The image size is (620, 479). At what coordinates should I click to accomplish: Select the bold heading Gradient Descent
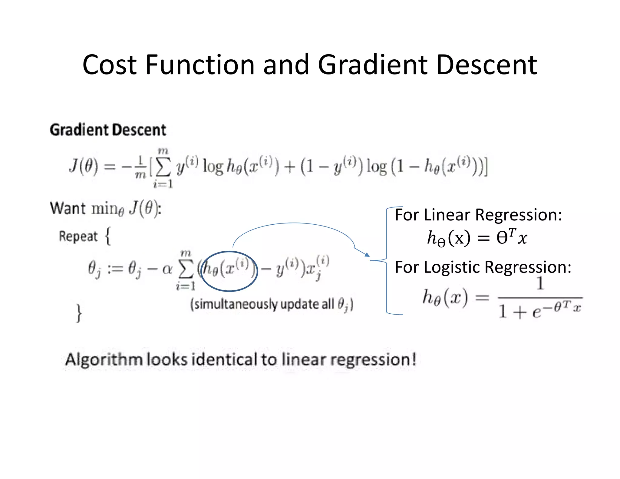[x=108, y=130]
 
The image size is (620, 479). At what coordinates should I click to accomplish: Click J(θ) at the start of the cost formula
[x=84, y=166]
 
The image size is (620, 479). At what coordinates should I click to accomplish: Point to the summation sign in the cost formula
[x=163, y=168]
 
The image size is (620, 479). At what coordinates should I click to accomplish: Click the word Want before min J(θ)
[x=68, y=208]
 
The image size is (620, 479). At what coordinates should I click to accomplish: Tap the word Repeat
[x=78, y=236]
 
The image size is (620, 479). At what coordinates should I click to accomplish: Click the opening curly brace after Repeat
[x=108, y=236]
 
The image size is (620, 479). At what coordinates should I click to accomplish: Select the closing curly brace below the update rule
[x=79, y=313]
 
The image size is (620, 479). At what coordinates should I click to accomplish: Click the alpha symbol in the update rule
[x=167, y=269]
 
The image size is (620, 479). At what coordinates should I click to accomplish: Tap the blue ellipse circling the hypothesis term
[x=229, y=252]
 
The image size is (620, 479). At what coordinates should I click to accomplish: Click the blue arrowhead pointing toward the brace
[x=367, y=255]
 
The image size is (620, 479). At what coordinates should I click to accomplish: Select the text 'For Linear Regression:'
[x=478, y=215]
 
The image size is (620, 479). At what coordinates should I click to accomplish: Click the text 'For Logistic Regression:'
[x=483, y=267]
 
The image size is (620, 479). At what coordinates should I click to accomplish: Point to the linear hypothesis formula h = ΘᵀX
[x=477, y=238]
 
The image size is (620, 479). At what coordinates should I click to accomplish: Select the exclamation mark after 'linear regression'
[x=413, y=359]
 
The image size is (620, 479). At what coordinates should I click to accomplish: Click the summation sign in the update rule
[x=186, y=269]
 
